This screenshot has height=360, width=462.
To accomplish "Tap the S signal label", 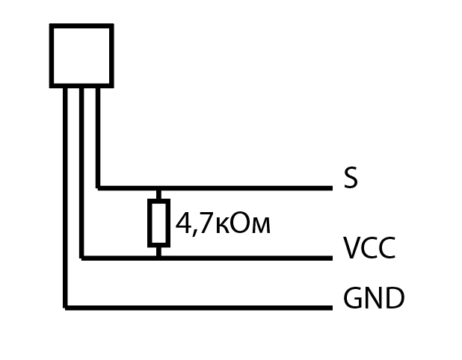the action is (351, 178).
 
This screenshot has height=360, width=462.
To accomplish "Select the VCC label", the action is (369, 248).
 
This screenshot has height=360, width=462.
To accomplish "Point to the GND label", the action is (374, 298).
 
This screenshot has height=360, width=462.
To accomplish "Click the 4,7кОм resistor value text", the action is (223, 223).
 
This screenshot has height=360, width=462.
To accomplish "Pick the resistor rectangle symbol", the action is (158, 223).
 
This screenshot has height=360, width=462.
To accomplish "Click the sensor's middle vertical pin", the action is (81, 173).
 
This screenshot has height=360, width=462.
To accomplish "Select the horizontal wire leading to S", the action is (215, 188).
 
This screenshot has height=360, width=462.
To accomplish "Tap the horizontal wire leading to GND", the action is (199, 308).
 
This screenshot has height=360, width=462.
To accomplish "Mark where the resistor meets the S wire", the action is (158, 188).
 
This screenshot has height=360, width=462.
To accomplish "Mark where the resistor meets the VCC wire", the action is (158, 258).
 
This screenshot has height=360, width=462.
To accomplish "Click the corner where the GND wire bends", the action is (65, 308).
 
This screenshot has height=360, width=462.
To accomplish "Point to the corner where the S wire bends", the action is (98, 188).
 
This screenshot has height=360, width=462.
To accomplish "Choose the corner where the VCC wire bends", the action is (81, 258).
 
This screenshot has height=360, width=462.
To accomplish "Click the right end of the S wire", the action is (333, 188).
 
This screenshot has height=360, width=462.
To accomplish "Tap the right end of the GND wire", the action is (333, 308).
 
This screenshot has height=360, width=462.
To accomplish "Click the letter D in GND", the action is (395, 298).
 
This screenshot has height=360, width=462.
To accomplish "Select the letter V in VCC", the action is (352, 248).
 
